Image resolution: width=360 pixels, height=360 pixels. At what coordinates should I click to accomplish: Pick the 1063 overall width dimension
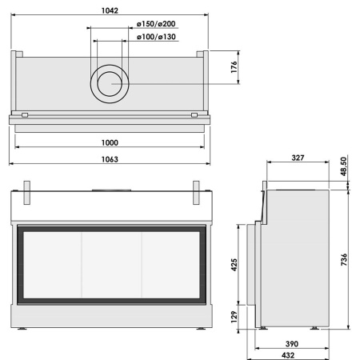[x=110, y=158]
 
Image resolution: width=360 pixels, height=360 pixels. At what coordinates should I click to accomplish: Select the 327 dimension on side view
[x=297, y=158]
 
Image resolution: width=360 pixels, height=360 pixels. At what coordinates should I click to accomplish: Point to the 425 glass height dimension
[x=234, y=265]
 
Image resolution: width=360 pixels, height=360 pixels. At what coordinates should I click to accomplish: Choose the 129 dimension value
[x=234, y=315]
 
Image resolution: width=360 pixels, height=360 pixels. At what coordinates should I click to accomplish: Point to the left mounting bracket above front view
[x=27, y=191]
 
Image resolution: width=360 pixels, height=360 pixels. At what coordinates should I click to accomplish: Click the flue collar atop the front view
[x=110, y=192]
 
